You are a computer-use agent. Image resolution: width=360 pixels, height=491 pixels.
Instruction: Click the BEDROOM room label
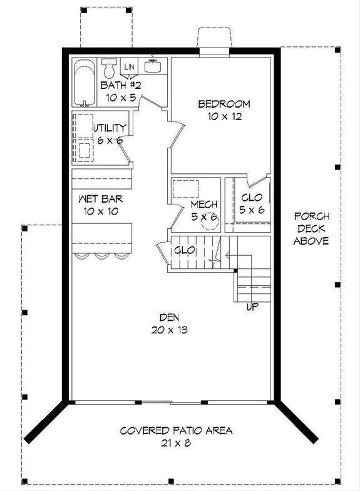click(224, 104)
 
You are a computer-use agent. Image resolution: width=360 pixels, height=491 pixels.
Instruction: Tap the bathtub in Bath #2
click(85, 83)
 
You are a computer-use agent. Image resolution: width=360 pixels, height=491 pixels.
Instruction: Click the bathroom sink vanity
click(153, 66)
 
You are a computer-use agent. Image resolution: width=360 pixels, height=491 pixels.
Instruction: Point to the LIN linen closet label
click(130, 67)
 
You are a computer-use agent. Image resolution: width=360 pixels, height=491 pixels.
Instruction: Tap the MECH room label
click(204, 205)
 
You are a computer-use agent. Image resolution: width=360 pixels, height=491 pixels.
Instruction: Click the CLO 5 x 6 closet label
click(252, 198)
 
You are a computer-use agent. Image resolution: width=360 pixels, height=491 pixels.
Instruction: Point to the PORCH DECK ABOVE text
click(311, 228)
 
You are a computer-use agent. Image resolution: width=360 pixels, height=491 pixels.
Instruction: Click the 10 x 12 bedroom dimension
click(224, 116)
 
